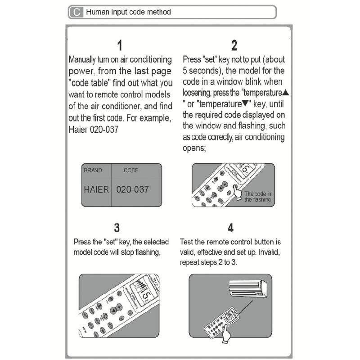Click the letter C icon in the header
[76, 12]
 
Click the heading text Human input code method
[128, 12]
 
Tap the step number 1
[120, 45]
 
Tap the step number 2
[234, 45]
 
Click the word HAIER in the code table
[96, 189]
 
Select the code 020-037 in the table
[132, 189]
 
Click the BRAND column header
[93, 171]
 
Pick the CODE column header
[131, 171]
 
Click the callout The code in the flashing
[257, 197]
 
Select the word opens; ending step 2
[194, 148]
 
